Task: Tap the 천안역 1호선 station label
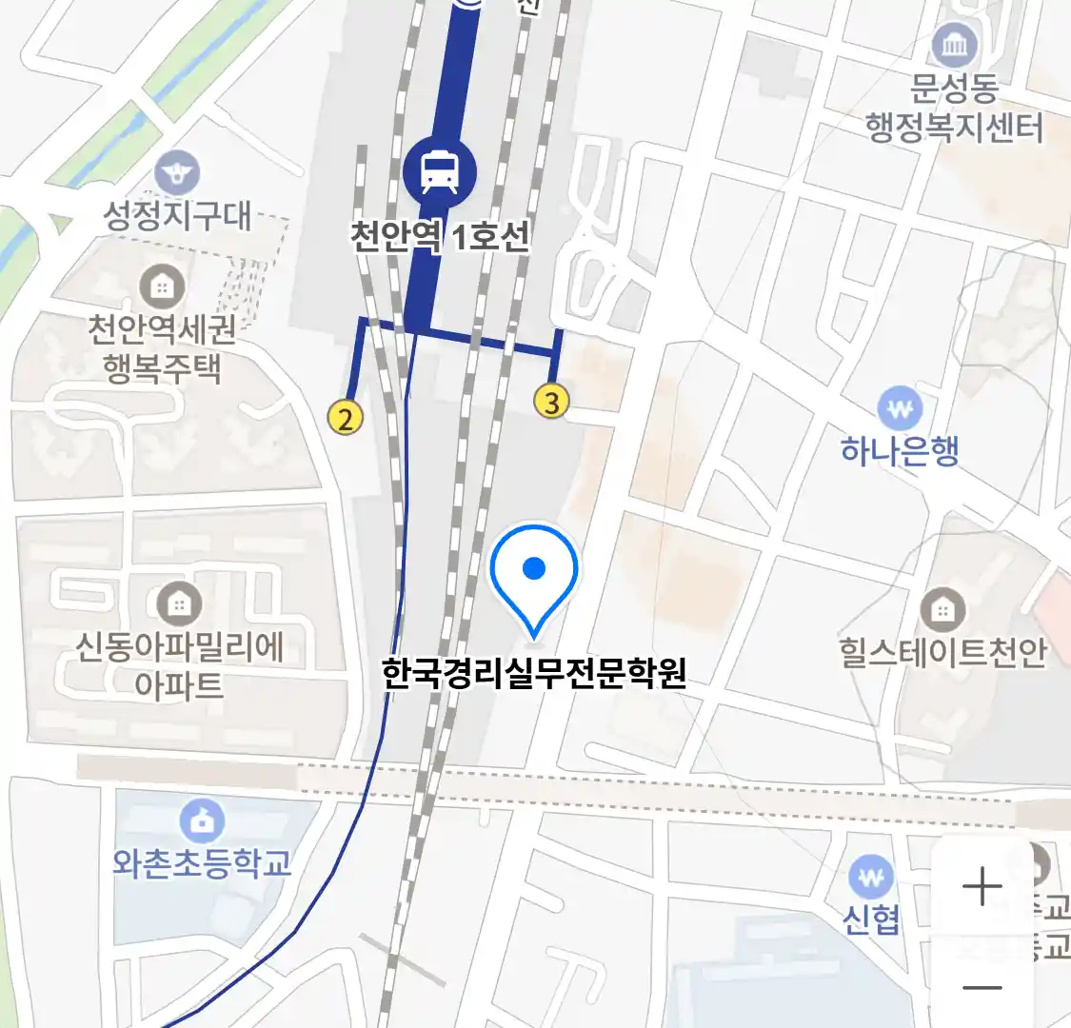coord(439,235)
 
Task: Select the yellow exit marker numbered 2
coord(346,417)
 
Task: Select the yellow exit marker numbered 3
coord(551,401)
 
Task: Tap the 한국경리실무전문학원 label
coord(534,673)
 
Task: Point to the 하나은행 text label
coord(900,450)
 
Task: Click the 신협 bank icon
coord(871,878)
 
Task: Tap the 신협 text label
coord(871,919)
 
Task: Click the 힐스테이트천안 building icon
coord(942,609)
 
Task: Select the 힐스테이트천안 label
coord(942,652)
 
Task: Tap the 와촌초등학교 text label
coord(202,863)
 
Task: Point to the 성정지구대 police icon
coord(177,173)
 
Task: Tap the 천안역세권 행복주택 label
coord(161,347)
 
